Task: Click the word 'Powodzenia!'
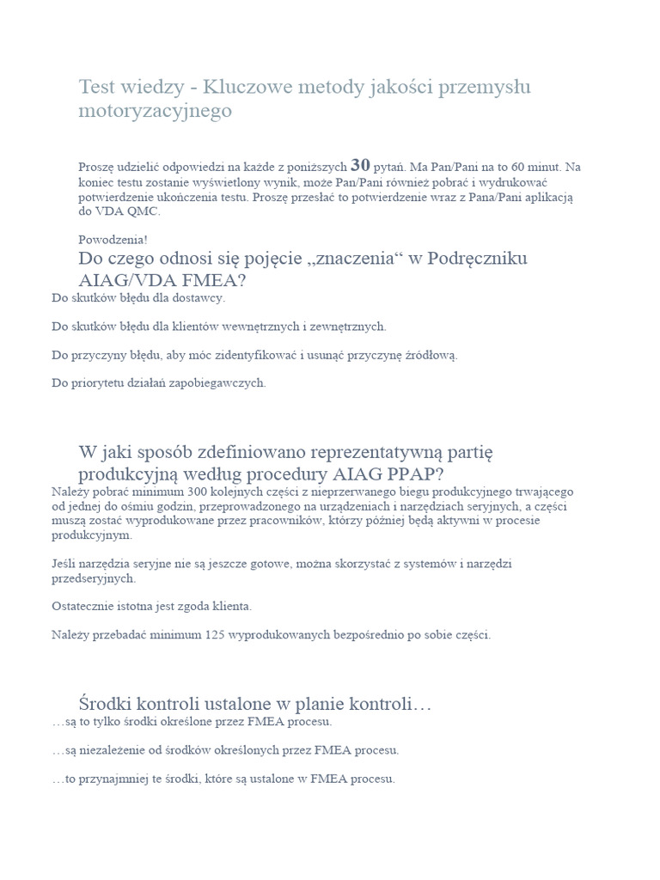(x=107, y=240)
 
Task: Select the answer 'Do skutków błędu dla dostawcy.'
(x=138, y=298)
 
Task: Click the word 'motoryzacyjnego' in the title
(x=156, y=111)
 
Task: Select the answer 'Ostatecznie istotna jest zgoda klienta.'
(x=152, y=606)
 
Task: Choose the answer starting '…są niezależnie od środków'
(x=226, y=750)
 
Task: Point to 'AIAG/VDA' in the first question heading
(x=121, y=280)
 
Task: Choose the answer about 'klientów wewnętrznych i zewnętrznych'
(x=219, y=327)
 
